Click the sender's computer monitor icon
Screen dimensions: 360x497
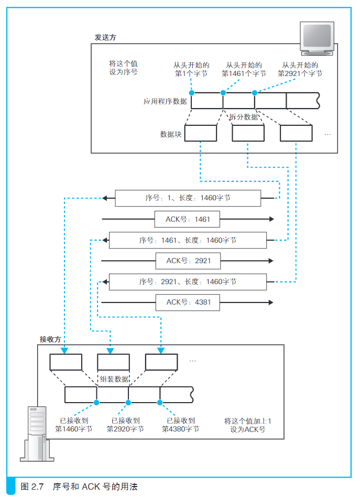pyautogui.click(x=317, y=38)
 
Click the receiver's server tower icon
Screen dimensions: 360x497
pyautogui.click(x=37, y=434)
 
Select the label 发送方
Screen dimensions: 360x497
pyautogui.click(x=105, y=37)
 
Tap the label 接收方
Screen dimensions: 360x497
pyautogui.click(x=50, y=339)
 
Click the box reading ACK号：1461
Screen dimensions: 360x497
pyautogui.click(x=187, y=219)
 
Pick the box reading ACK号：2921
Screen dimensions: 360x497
pyautogui.click(x=188, y=261)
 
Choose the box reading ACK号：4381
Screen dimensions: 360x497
pyautogui.click(x=188, y=302)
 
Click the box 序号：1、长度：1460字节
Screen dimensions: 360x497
pyautogui.click(x=188, y=198)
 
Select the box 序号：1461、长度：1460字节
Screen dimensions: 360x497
pyautogui.click(x=188, y=240)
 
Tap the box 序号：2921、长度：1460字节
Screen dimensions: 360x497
pyautogui.click(x=188, y=282)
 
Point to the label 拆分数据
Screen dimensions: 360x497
pyautogui.click(x=243, y=117)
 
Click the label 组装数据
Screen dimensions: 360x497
pyautogui.click(x=114, y=379)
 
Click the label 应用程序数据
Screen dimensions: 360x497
pyautogui.click(x=165, y=101)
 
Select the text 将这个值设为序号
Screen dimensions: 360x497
pyautogui.click(x=124, y=68)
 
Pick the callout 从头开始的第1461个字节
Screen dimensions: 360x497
pyautogui.click(x=244, y=69)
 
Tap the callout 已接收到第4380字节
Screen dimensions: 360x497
pyautogui.click(x=181, y=425)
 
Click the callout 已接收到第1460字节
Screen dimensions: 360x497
pyautogui.click(x=74, y=425)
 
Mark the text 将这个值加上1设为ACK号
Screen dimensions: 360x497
pyautogui.click(x=248, y=425)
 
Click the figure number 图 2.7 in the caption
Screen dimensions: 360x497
pyautogui.click(x=32, y=487)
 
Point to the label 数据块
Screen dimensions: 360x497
pyautogui.click(x=171, y=134)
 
